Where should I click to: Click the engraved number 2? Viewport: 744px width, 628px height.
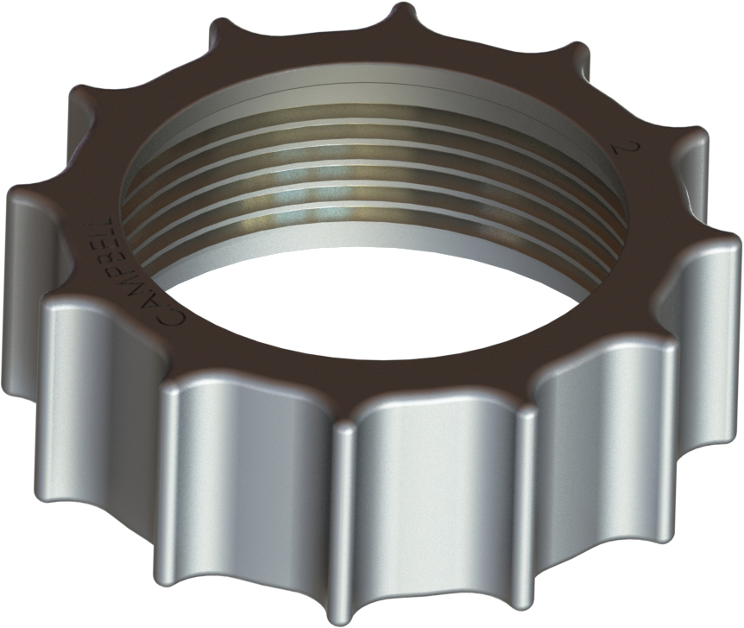click(x=621, y=149)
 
